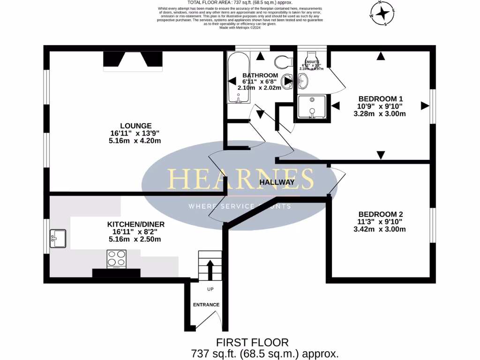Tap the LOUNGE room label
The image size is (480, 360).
135,126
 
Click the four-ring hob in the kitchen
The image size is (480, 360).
117,258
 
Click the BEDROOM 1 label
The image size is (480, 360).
381,99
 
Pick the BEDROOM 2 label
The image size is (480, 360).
381,214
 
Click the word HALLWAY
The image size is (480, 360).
277,182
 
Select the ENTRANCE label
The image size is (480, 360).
206,305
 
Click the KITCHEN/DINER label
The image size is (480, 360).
135,224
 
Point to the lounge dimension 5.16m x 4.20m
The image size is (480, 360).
135,141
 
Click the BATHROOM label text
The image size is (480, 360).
260,75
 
